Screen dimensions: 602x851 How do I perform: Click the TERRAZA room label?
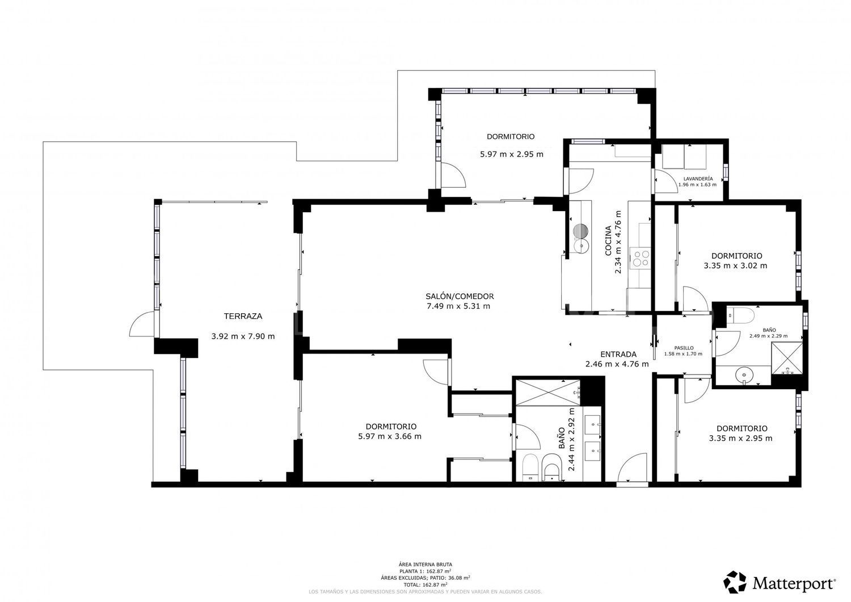[x=243, y=317]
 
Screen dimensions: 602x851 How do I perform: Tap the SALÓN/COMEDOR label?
[x=460, y=296]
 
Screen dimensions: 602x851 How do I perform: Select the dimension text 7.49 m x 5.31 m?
[x=458, y=306]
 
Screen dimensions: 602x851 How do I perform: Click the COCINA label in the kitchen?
[x=608, y=241]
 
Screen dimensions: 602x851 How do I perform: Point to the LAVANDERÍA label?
[x=698, y=178]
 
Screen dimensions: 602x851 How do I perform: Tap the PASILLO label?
[x=684, y=348]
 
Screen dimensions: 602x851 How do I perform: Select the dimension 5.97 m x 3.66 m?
[x=390, y=436]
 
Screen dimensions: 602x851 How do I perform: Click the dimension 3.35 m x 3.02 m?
[x=735, y=266]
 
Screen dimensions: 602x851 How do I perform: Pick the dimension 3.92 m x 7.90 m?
[x=243, y=336]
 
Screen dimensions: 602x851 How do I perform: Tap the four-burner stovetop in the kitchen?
[x=642, y=258]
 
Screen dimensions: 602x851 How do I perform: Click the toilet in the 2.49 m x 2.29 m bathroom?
[x=740, y=315]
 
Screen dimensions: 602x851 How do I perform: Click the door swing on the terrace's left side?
[x=142, y=326]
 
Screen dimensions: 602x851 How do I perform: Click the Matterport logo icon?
[x=735, y=582]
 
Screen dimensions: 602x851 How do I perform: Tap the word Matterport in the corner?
[x=794, y=583]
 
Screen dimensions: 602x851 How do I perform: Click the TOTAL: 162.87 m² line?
[x=425, y=584]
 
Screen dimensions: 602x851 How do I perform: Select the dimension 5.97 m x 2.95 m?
[x=511, y=154]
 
